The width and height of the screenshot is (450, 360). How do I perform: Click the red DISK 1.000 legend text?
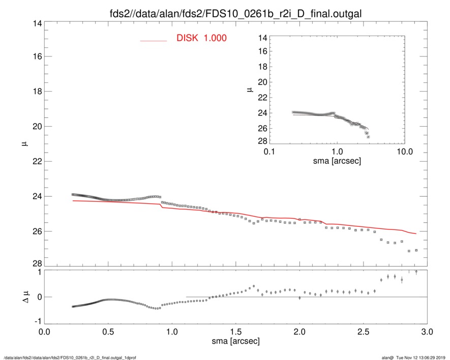pos(201,38)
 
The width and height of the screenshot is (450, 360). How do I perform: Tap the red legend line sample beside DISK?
pos(154,40)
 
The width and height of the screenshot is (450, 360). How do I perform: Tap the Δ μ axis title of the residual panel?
pos(19,297)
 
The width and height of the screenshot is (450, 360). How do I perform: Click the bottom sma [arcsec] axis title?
pos(235,341)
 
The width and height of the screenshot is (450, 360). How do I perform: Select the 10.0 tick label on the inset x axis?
pos(404,152)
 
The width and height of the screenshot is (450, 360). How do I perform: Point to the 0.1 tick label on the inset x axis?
pos(269,152)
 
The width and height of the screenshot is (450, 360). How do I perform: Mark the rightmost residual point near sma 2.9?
pos(416,272)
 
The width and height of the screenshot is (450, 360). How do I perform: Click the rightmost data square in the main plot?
pos(416,250)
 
